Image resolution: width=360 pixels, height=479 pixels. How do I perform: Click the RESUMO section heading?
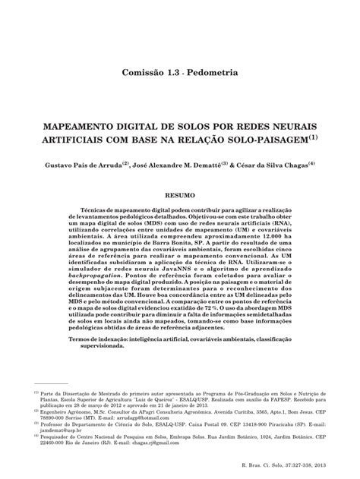point(180,195)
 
